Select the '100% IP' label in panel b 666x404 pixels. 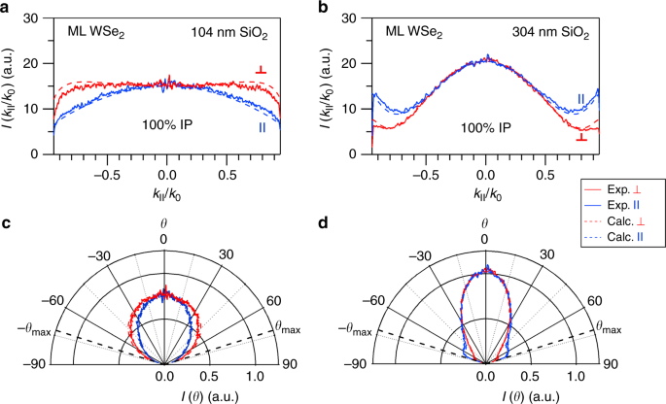[485, 127]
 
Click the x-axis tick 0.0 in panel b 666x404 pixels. [485, 166]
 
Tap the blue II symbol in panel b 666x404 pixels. [580, 98]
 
